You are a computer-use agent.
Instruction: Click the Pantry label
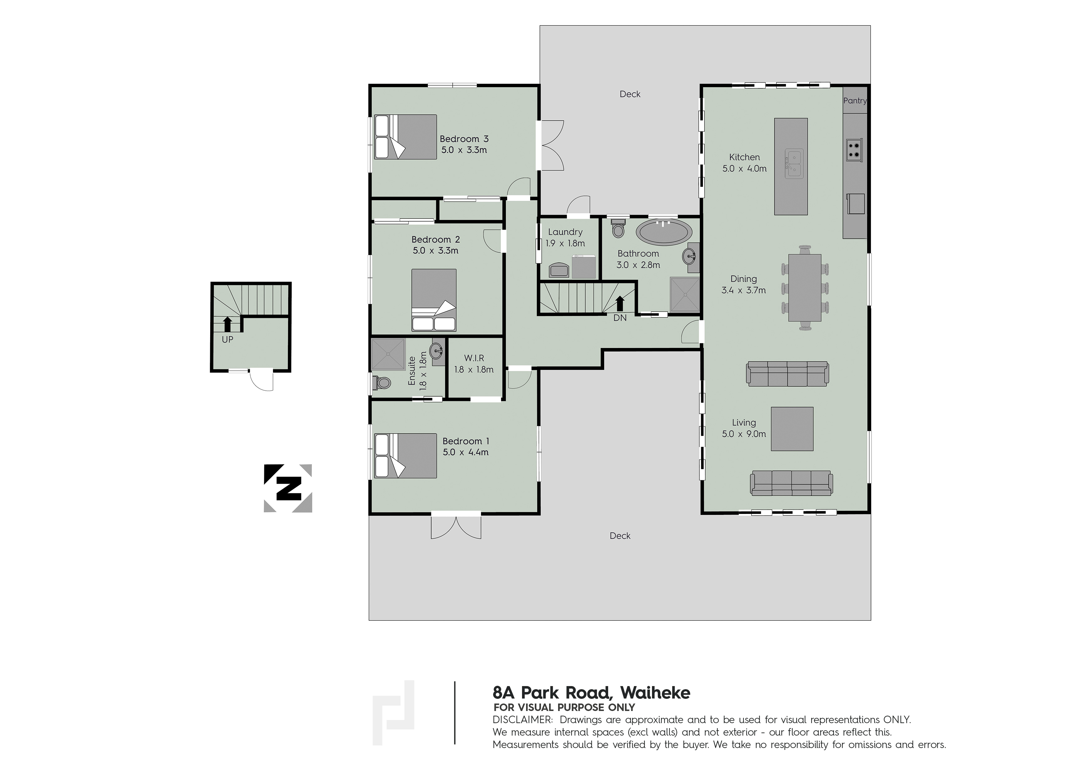pos(855,101)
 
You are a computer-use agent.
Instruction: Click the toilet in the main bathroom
pos(618,228)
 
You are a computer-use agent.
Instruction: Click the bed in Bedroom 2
pos(434,300)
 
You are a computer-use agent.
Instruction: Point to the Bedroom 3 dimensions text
pos(464,150)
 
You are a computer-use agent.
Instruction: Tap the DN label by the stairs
pos(620,318)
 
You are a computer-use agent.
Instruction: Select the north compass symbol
pos(288,488)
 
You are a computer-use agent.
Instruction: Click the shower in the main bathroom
pos(685,295)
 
